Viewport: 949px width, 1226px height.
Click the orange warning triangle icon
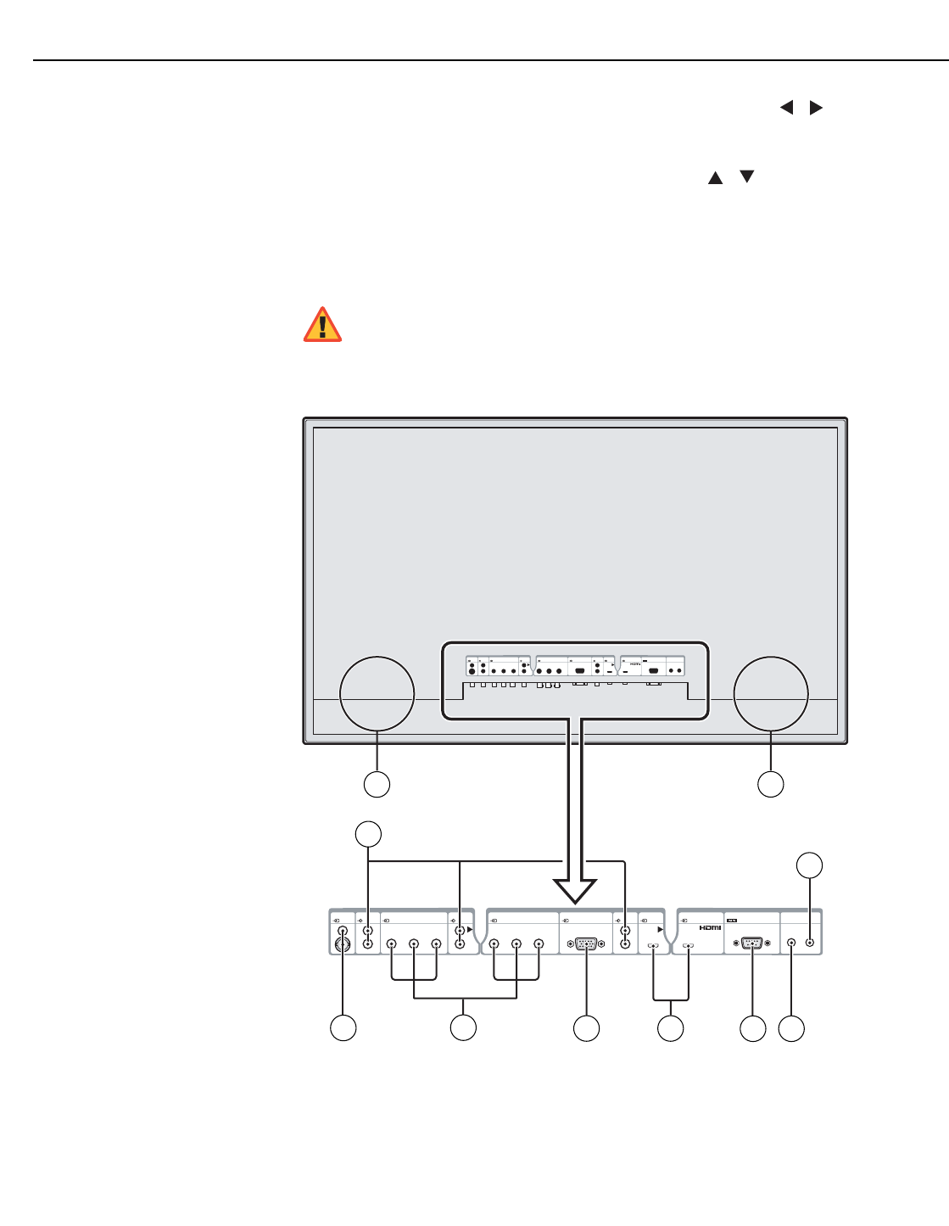coord(323,325)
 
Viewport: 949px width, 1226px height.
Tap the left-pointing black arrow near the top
coord(787,108)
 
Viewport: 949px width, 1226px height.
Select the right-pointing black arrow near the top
coord(815,108)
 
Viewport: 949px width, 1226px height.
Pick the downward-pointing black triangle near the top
coord(746,176)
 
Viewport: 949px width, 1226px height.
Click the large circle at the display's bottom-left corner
coord(377,693)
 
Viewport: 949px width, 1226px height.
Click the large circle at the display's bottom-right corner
coord(770,693)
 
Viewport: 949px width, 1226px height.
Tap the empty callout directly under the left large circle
coord(377,784)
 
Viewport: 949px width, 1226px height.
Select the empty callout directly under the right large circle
coord(770,784)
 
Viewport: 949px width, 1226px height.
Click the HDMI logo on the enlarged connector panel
coord(710,926)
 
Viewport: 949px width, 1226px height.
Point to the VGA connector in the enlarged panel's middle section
coord(586,943)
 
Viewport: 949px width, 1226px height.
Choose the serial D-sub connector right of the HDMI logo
coord(752,943)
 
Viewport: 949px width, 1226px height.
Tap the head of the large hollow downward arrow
coord(575,892)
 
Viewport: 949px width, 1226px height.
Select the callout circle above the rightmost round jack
coord(809,865)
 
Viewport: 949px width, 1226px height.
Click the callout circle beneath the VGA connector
coord(586,1028)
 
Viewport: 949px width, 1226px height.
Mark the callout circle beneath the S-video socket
coord(343,1028)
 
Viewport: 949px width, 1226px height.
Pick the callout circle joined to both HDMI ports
coord(671,1028)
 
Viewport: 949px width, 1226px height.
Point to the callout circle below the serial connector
coord(752,1028)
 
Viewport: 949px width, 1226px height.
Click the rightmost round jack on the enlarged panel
coord(810,942)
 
